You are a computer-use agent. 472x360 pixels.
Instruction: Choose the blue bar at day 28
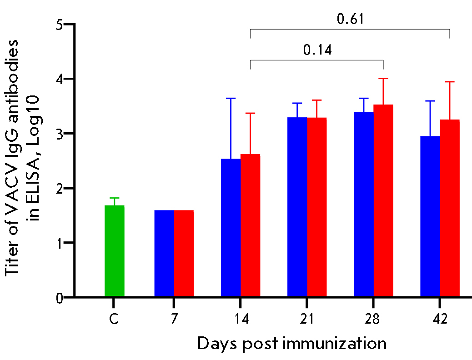tap(364, 205)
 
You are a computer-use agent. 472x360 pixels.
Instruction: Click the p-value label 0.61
tap(350, 19)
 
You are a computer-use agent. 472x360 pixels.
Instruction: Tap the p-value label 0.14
tap(317, 50)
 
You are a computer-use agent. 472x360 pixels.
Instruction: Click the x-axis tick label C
tap(114, 319)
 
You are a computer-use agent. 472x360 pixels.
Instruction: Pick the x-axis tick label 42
tap(440, 319)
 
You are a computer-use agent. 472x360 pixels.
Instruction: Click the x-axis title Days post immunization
tap(291, 343)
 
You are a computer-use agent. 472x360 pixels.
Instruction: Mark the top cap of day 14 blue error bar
tap(231, 98)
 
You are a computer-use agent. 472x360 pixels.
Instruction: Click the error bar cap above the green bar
tap(114, 198)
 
